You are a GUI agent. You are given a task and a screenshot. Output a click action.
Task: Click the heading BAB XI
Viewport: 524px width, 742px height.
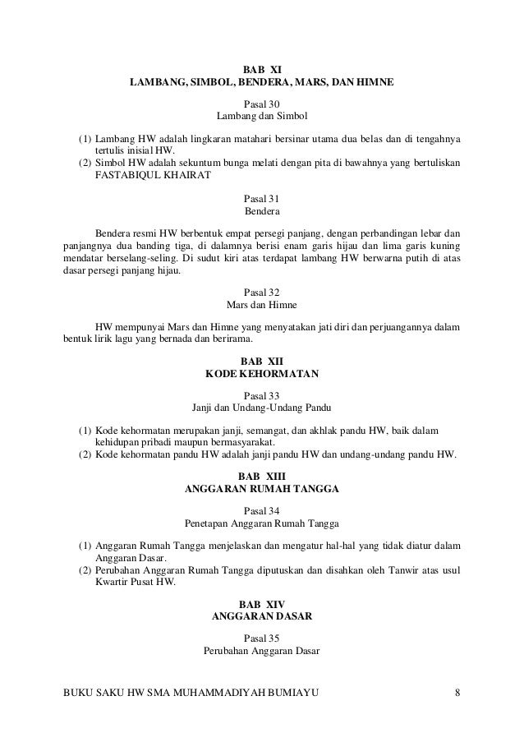(x=262, y=69)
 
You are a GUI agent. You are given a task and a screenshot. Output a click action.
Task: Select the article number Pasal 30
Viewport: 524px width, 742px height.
(x=262, y=104)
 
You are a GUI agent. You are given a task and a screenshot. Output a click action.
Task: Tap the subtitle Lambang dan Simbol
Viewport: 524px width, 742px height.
(x=262, y=117)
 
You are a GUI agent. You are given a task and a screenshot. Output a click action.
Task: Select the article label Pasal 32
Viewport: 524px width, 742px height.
(x=262, y=292)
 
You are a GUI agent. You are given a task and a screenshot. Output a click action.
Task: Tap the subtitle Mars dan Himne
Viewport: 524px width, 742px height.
(x=262, y=305)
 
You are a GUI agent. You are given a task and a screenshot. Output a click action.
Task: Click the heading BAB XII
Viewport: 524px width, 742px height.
(x=262, y=361)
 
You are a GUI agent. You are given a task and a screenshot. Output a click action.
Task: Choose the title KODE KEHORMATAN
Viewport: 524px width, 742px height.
(x=262, y=374)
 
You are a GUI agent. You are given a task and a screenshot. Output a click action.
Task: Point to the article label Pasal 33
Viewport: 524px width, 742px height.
(x=262, y=395)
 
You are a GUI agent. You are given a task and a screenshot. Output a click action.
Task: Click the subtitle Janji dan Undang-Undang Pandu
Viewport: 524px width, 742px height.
(x=262, y=408)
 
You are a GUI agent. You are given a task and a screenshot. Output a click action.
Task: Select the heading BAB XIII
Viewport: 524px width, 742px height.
(x=262, y=476)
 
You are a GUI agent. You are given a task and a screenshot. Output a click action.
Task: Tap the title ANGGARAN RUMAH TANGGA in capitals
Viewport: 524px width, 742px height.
(x=262, y=489)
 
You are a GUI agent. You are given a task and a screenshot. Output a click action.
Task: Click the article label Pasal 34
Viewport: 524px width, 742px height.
(x=262, y=510)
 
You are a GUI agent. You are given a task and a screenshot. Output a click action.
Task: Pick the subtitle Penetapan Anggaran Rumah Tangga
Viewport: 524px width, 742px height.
(x=262, y=523)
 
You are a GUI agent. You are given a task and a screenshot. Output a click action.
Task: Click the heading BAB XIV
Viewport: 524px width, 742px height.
(x=262, y=604)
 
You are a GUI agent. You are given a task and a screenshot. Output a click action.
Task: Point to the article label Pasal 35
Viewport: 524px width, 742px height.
(x=262, y=638)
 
